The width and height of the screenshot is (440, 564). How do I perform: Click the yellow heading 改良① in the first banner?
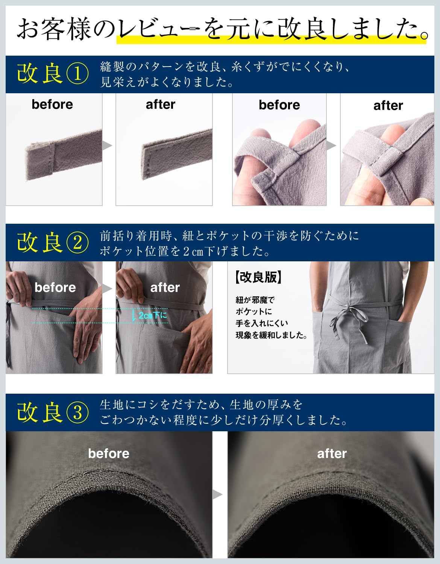coord(53,73)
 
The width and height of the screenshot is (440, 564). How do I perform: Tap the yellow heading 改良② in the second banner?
coord(53,242)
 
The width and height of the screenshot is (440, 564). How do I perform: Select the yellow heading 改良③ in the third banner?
coord(53,412)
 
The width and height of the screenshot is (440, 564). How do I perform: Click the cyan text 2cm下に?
coord(153,315)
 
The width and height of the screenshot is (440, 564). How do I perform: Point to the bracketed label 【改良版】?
coord(258,277)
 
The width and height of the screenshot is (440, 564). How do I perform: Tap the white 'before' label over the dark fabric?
coord(109,453)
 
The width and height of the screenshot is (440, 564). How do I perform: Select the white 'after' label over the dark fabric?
coord(332,453)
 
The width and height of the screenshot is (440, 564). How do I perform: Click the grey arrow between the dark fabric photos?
coord(217,494)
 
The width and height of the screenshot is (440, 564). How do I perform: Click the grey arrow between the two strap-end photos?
coord(107,146)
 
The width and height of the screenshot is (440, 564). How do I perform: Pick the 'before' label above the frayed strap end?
coord(52,104)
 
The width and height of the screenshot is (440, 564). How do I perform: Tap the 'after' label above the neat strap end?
coord(161,104)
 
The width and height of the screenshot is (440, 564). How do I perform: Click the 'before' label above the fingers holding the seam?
coord(279,105)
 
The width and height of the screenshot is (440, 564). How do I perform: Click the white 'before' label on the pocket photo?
coord(55,287)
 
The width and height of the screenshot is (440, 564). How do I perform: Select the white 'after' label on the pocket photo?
coord(165,287)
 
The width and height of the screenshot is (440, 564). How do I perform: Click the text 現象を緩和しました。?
coord(271,335)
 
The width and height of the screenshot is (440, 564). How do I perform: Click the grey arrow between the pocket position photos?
coord(107,288)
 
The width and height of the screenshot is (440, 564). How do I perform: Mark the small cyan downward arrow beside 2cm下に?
coord(134,316)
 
